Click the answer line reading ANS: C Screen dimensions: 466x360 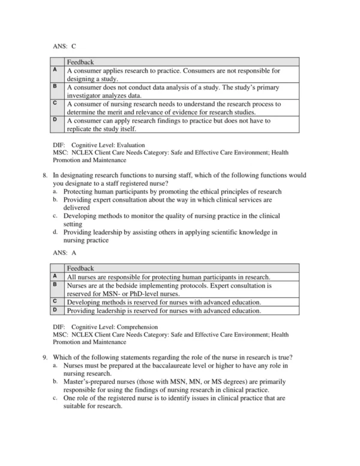(x=64, y=46)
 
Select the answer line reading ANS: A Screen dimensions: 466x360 (x=64, y=253)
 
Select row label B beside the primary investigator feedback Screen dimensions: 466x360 (x=55, y=86)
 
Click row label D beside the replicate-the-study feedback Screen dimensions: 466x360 (x=55, y=120)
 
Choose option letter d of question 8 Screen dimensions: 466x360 (x=55, y=232)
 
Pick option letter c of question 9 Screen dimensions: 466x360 (x=55, y=398)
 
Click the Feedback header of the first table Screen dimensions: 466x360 (x=80, y=62)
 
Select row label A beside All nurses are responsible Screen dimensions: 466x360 (x=55, y=277)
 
